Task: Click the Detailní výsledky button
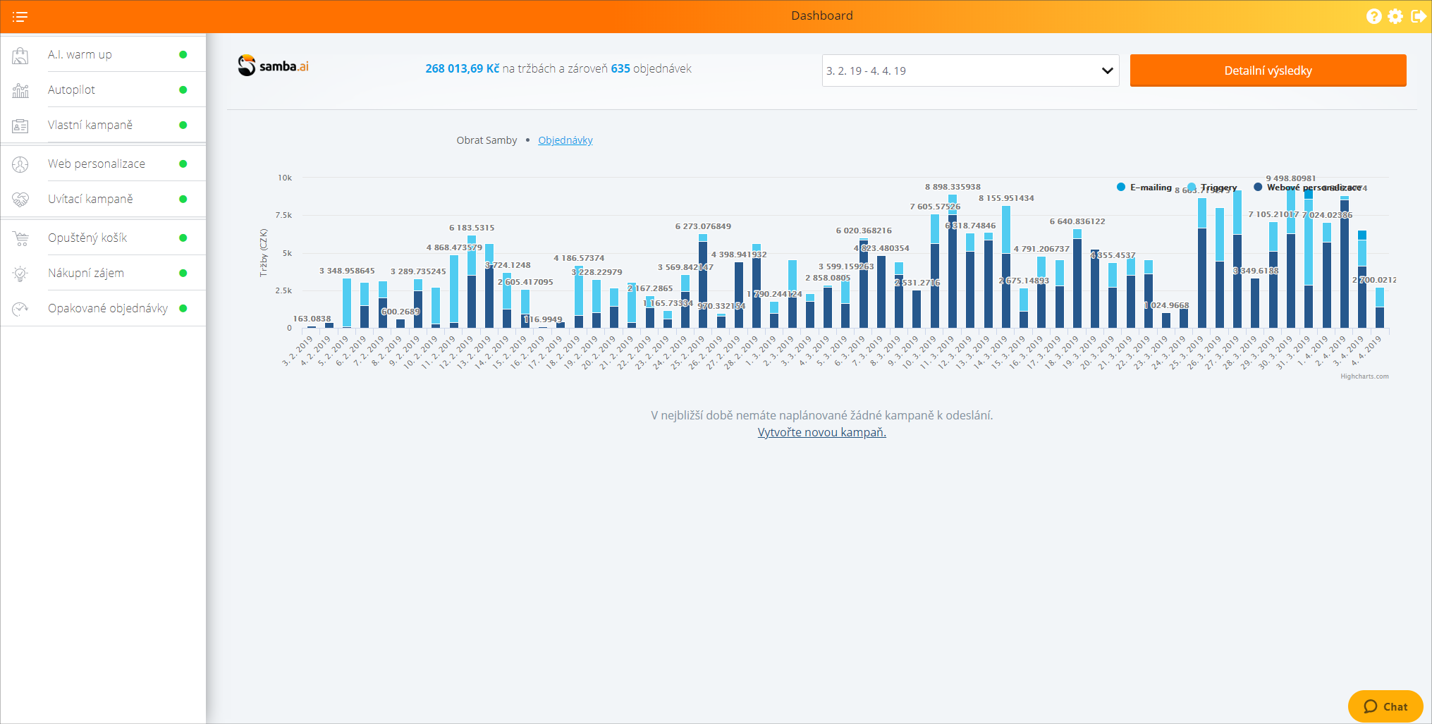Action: (x=1267, y=70)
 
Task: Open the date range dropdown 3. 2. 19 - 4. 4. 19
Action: (x=969, y=70)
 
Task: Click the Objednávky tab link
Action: (x=565, y=140)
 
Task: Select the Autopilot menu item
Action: (x=71, y=90)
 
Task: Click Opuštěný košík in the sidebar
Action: (x=87, y=238)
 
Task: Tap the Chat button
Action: (x=1385, y=706)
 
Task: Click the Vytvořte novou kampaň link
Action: (x=821, y=432)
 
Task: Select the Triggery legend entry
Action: (x=1218, y=188)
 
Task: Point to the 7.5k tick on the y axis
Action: (x=283, y=215)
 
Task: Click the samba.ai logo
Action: (x=273, y=66)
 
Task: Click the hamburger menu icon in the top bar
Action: (x=20, y=16)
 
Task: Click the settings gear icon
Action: (x=1395, y=16)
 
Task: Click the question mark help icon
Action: (x=1373, y=16)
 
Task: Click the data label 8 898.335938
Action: (x=953, y=187)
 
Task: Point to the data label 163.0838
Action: (x=312, y=319)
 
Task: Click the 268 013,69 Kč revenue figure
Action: (x=462, y=68)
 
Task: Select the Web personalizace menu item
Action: (x=96, y=164)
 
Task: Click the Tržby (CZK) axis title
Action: (x=264, y=252)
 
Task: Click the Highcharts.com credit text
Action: (x=1364, y=376)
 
